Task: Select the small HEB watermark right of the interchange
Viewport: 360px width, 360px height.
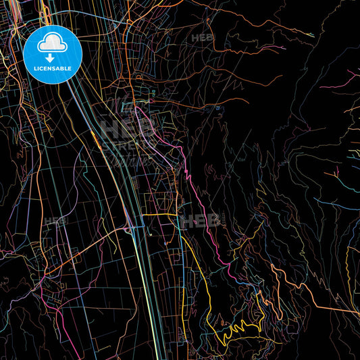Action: pos(196,220)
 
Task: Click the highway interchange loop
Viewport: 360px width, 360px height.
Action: pos(128,230)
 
